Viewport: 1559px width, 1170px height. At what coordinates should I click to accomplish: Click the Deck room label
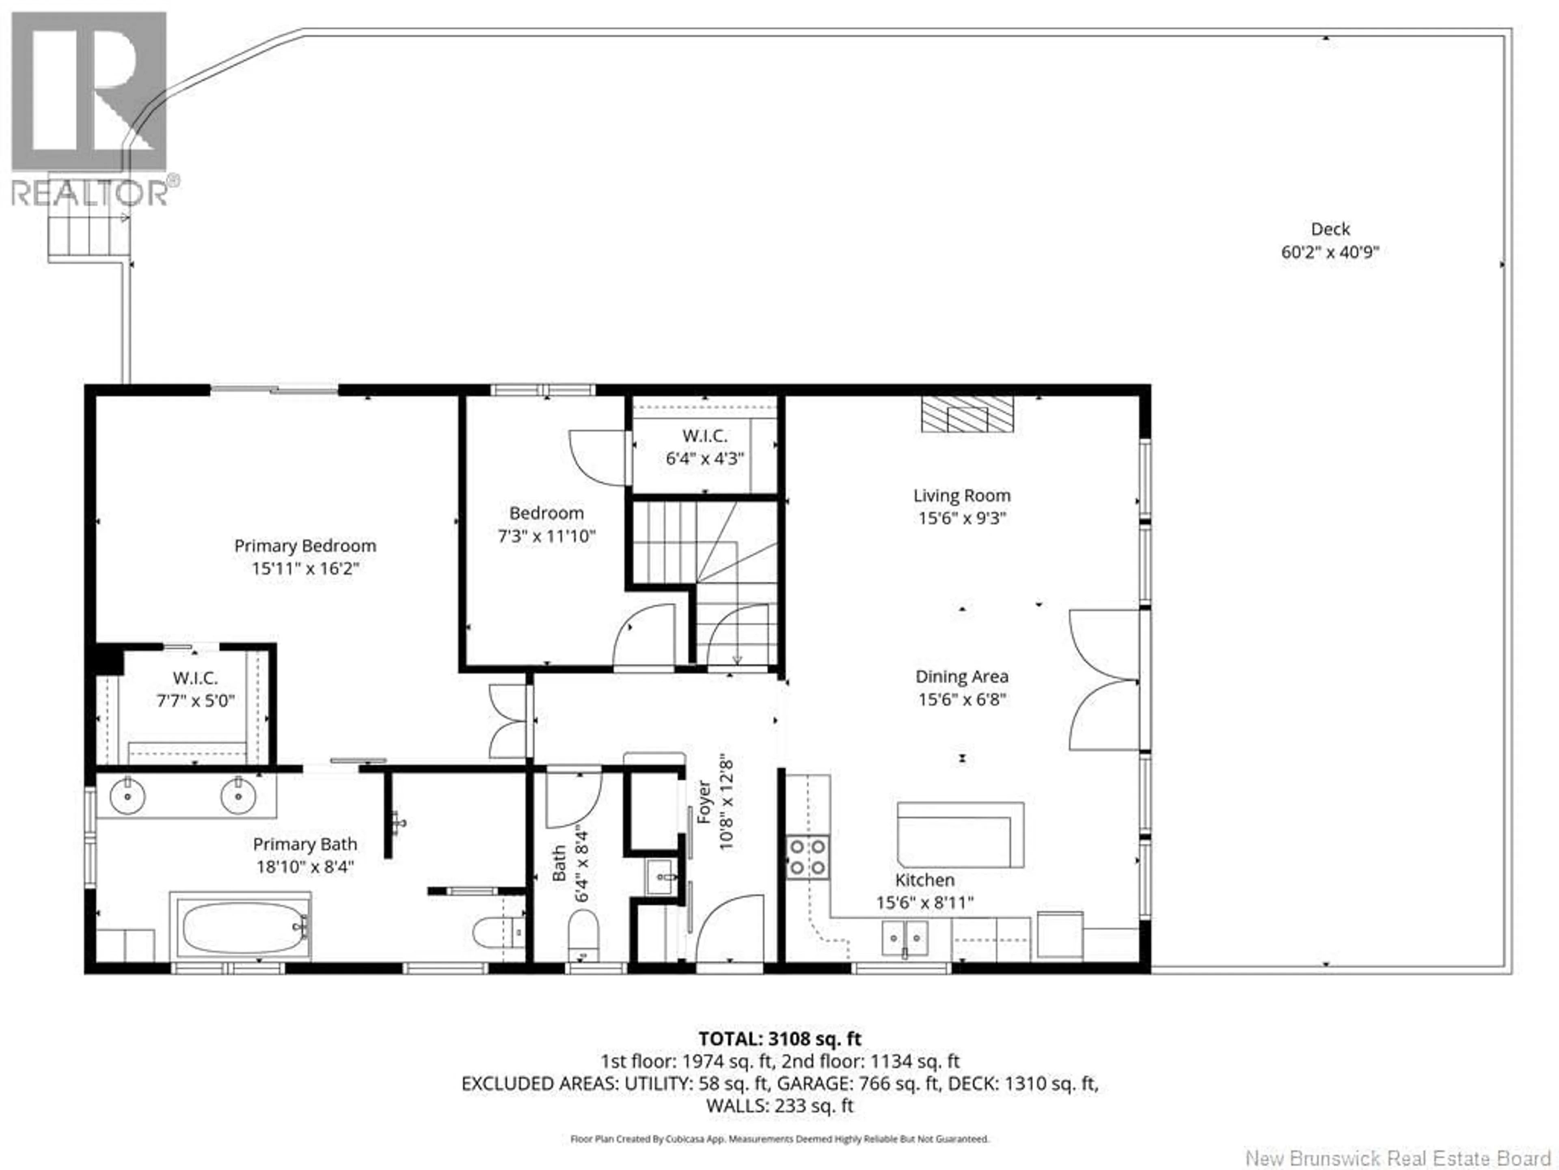pos(1330,229)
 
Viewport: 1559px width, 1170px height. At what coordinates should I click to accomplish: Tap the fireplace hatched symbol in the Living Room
pos(967,415)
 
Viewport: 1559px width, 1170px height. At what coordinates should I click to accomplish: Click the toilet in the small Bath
pos(583,932)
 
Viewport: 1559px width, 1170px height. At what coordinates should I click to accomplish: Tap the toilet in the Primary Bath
pos(497,932)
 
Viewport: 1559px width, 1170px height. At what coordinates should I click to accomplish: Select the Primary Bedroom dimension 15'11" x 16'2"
pos(305,568)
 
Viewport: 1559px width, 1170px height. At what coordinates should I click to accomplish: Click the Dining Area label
pos(961,676)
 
